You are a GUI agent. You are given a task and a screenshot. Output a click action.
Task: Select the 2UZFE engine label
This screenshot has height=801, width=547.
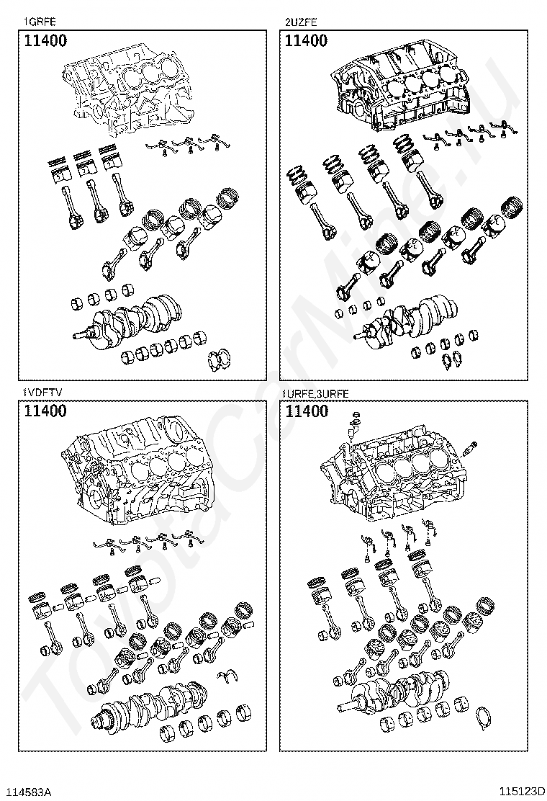click(x=301, y=22)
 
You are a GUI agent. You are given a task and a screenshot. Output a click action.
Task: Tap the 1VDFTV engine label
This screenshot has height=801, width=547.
click(x=42, y=393)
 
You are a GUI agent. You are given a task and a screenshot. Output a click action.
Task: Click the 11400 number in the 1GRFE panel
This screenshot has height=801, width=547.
click(x=45, y=41)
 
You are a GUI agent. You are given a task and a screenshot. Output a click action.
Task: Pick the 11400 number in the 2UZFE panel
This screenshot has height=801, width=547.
click(x=307, y=41)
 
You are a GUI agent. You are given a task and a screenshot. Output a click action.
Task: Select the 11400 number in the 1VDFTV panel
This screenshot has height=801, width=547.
click(x=45, y=411)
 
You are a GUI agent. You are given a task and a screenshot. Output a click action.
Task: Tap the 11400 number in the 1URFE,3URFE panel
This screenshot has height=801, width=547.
click(x=307, y=411)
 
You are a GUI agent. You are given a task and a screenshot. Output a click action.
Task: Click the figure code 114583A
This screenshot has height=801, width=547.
click(x=31, y=792)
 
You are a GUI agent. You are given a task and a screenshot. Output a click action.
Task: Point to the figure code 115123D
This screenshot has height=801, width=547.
click(x=523, y=792)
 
